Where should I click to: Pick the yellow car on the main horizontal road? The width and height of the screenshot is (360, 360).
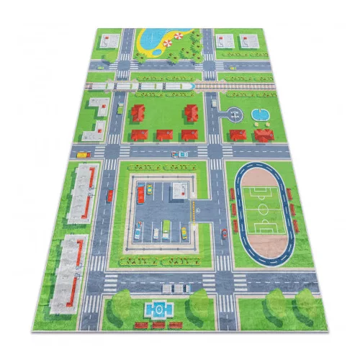point(82,153)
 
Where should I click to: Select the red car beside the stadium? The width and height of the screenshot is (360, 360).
point(224,232)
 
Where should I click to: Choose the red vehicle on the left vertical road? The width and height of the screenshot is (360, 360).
point(110,195)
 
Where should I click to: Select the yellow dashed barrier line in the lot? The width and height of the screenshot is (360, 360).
point(193,210)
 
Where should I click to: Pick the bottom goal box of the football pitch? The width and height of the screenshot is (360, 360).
point(266,229)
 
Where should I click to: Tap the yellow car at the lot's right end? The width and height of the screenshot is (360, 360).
point(184,231)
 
